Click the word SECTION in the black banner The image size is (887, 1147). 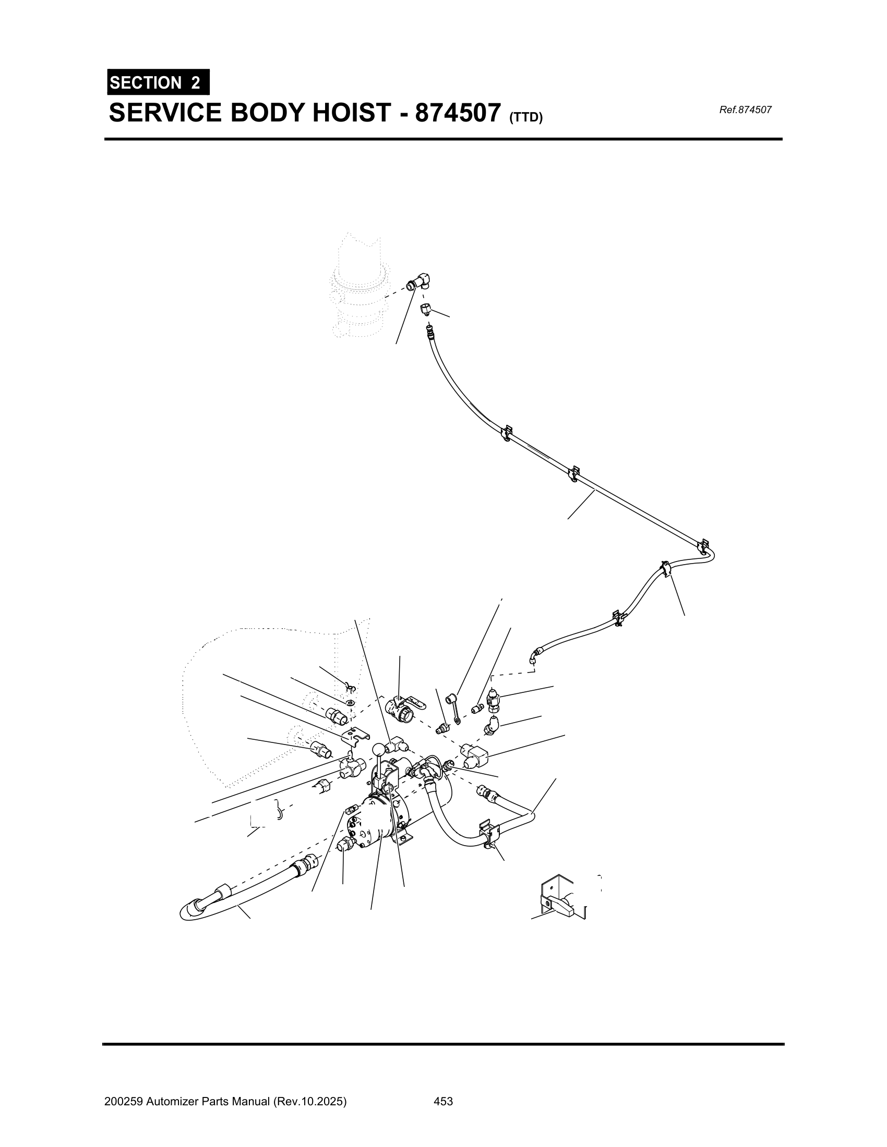pyautogui.click(x=138, y=83)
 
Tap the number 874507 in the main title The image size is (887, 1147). pyautogui.click(x=457, y=113)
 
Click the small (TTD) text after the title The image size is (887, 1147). pyautogui.click(x=525, y=118)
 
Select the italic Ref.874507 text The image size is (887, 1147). pyautogui.click(x=745, y=110)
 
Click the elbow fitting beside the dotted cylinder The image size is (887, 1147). pyautogui.click(x=419, y=282)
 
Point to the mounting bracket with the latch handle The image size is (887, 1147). pyautogui.click(x=559, y=899)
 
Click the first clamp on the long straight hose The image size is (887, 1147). pyautogui.click(x=506, y=432)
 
